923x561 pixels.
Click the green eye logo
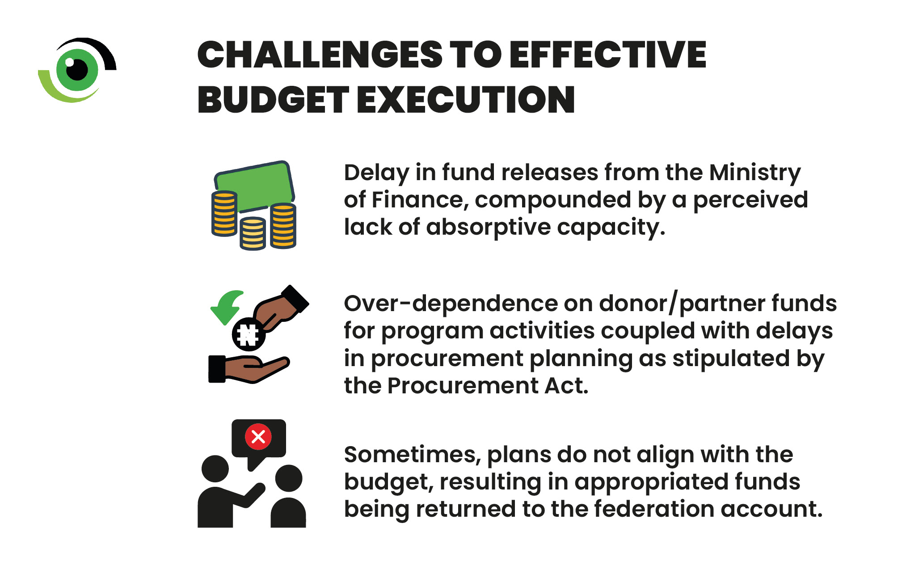coord(77,70)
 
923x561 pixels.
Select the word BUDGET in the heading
coord(273,99)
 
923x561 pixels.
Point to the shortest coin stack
coord(253,233)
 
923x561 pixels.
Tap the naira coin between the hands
coord(249,334)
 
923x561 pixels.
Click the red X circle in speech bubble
coord(258,436)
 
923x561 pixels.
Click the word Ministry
coord(755,173)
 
